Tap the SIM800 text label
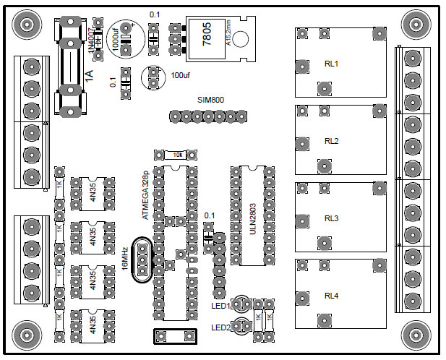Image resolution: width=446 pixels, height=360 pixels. click(211, 99)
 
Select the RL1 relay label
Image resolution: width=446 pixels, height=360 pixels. click(331, 64)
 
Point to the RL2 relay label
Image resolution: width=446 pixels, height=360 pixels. click(331, 141)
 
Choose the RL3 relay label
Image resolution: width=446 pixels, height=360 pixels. click(331, 218)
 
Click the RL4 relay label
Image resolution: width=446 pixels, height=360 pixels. click(331, 296)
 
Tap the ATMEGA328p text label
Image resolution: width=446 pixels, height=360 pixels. click(146, 196)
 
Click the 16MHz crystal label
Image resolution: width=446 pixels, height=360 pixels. click(125, 258)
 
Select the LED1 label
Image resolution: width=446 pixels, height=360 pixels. click(220, 306)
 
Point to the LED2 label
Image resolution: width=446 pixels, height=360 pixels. click(220, 327)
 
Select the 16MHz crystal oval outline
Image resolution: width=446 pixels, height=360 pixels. click(142, 260)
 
